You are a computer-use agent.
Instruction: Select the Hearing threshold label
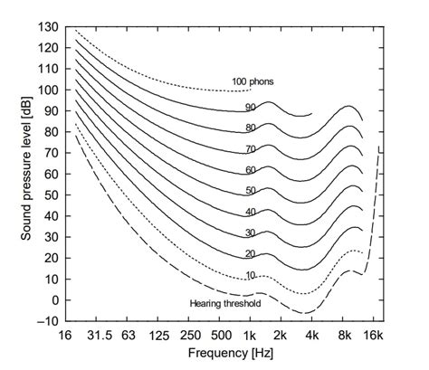click(225, 304)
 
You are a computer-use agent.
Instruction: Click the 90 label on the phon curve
click(249, 108)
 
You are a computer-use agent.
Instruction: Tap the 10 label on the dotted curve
click(249, 275)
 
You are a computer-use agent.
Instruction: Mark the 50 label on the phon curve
click(249, 191)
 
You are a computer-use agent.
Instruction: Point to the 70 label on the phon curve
click(249, 149)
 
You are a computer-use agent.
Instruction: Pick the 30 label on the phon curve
click(249, 232)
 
